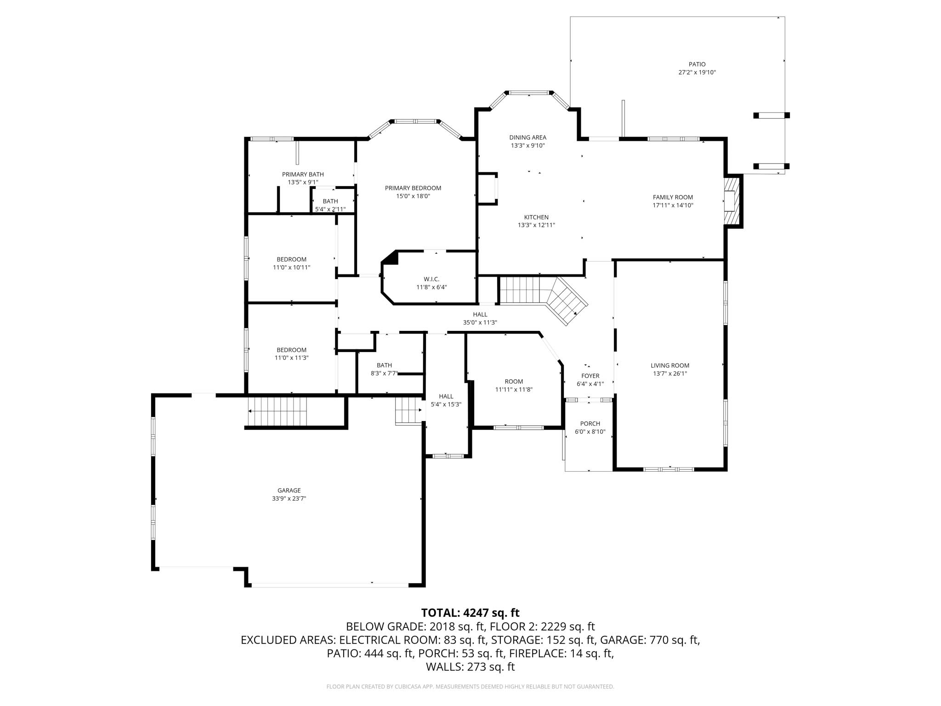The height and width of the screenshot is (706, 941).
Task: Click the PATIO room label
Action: [x=697, y=64]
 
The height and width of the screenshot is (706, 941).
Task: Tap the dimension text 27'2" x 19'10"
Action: [x=697, y=73]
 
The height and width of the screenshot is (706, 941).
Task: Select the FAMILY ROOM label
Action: [x=673, y=197]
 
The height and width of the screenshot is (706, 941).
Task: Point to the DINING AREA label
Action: [x=527, y=137]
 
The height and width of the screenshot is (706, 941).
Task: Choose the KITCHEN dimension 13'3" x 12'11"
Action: [x=536, y=225]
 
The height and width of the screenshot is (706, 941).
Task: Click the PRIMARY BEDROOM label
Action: [x=413, y=188]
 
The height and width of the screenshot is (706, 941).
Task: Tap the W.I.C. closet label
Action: [x=431, y=279]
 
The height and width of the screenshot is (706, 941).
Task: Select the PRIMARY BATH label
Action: [x=303, y=174]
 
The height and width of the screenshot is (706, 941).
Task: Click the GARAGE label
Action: [x=289, y=490]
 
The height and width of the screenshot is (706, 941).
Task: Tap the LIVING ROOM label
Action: [x=670, y=365]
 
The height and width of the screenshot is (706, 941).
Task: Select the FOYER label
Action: [x=590, y=376]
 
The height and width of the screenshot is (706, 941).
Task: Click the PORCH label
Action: [x=590, y=424]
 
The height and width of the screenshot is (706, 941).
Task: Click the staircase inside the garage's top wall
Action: [x=277, y=411]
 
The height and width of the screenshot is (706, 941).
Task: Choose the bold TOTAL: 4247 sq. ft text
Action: [x=470, y=613]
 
